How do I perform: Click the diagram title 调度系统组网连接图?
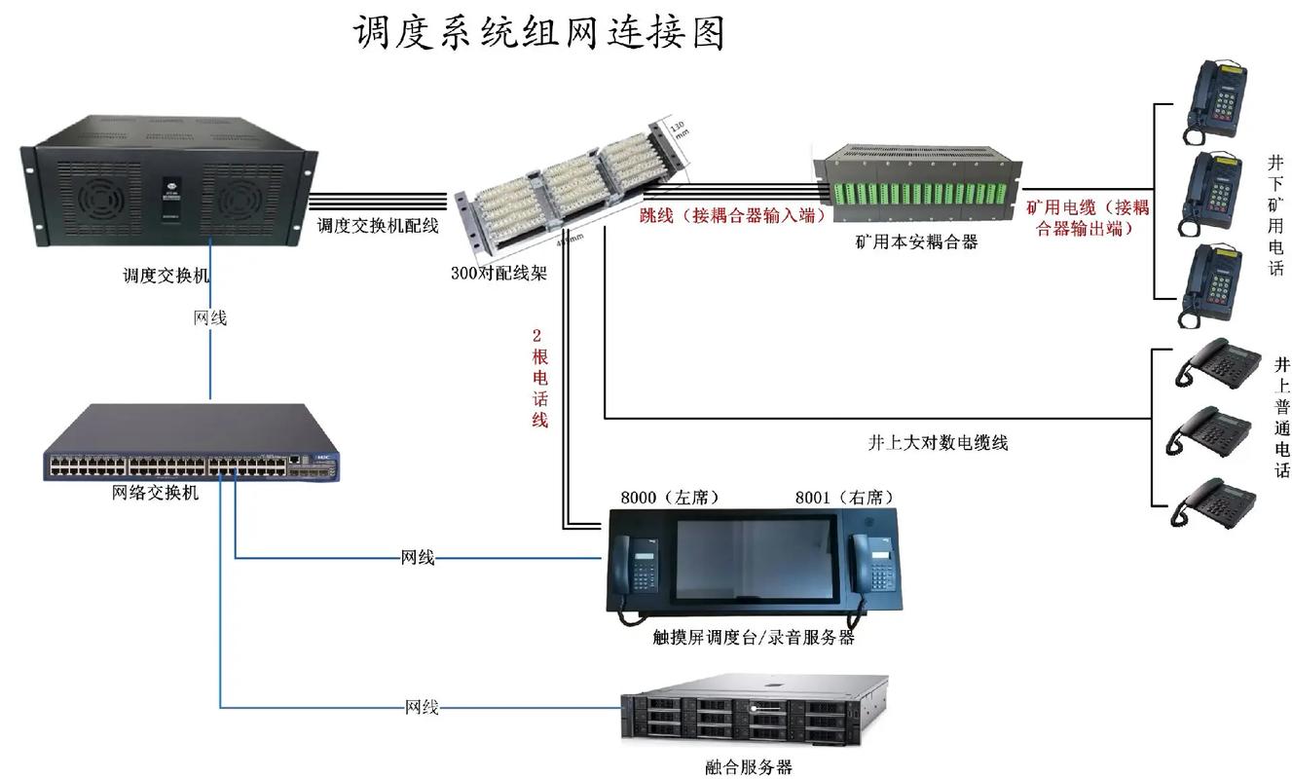(538, 33)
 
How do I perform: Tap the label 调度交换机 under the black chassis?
(166, 275)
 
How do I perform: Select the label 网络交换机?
(156, 493)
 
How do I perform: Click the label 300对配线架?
(498, 274)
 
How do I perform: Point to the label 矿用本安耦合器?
(915, 241)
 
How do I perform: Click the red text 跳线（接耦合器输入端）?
(732, 215)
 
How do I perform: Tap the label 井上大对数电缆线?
(938, 442)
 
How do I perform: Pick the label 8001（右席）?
(844, 498)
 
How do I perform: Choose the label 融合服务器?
(749, 767)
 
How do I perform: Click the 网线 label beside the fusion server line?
(422, 707)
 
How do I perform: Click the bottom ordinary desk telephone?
(1213, 501)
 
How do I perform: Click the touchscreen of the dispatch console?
(755, 559)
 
